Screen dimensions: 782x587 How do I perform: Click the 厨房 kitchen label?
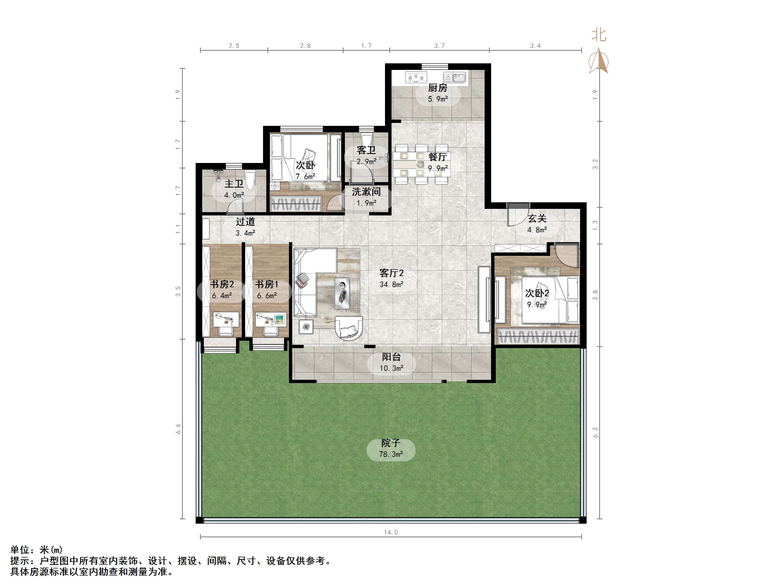tap(438, 88)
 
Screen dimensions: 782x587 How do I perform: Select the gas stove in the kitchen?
tap(416, 77)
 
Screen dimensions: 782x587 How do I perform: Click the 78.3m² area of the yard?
tap(391, 454)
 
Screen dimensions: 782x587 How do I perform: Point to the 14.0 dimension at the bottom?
tap(391, 532)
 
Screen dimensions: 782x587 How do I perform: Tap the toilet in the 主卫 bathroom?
tap(250, 180)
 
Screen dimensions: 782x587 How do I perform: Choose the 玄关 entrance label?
tap(537, 218)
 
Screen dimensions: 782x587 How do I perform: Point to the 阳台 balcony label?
tap(391, 357)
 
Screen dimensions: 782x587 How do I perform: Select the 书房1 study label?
tap(267, 284)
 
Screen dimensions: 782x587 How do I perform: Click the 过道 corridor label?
tap(245, 221)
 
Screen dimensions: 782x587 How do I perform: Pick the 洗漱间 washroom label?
tap(366, 191)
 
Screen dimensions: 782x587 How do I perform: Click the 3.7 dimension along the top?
tap(440, 46)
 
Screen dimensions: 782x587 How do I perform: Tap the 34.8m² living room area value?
tap(391, 284)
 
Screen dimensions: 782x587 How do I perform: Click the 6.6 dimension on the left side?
tap(178, 429)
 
